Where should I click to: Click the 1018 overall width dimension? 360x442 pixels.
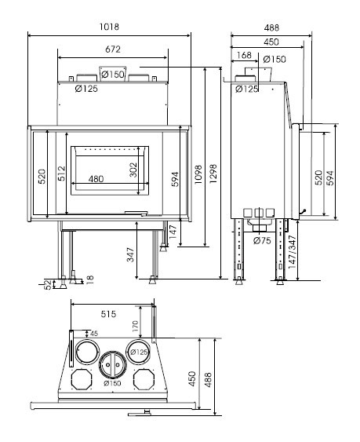tap(109, 27)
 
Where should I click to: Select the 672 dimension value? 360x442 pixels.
tap(113, 49)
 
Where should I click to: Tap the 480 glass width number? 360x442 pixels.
tap(96, 179)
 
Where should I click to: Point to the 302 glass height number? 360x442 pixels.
tap(133, 170)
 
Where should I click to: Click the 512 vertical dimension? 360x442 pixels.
tap(61, 173)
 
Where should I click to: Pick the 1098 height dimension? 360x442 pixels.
tap(198, 174)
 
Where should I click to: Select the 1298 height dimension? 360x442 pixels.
tap(213, 174)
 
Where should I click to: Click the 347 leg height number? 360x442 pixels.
tap(130, 255)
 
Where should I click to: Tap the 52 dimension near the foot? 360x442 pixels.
tap(49, 284)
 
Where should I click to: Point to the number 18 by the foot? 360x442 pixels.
tap(89, 279)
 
